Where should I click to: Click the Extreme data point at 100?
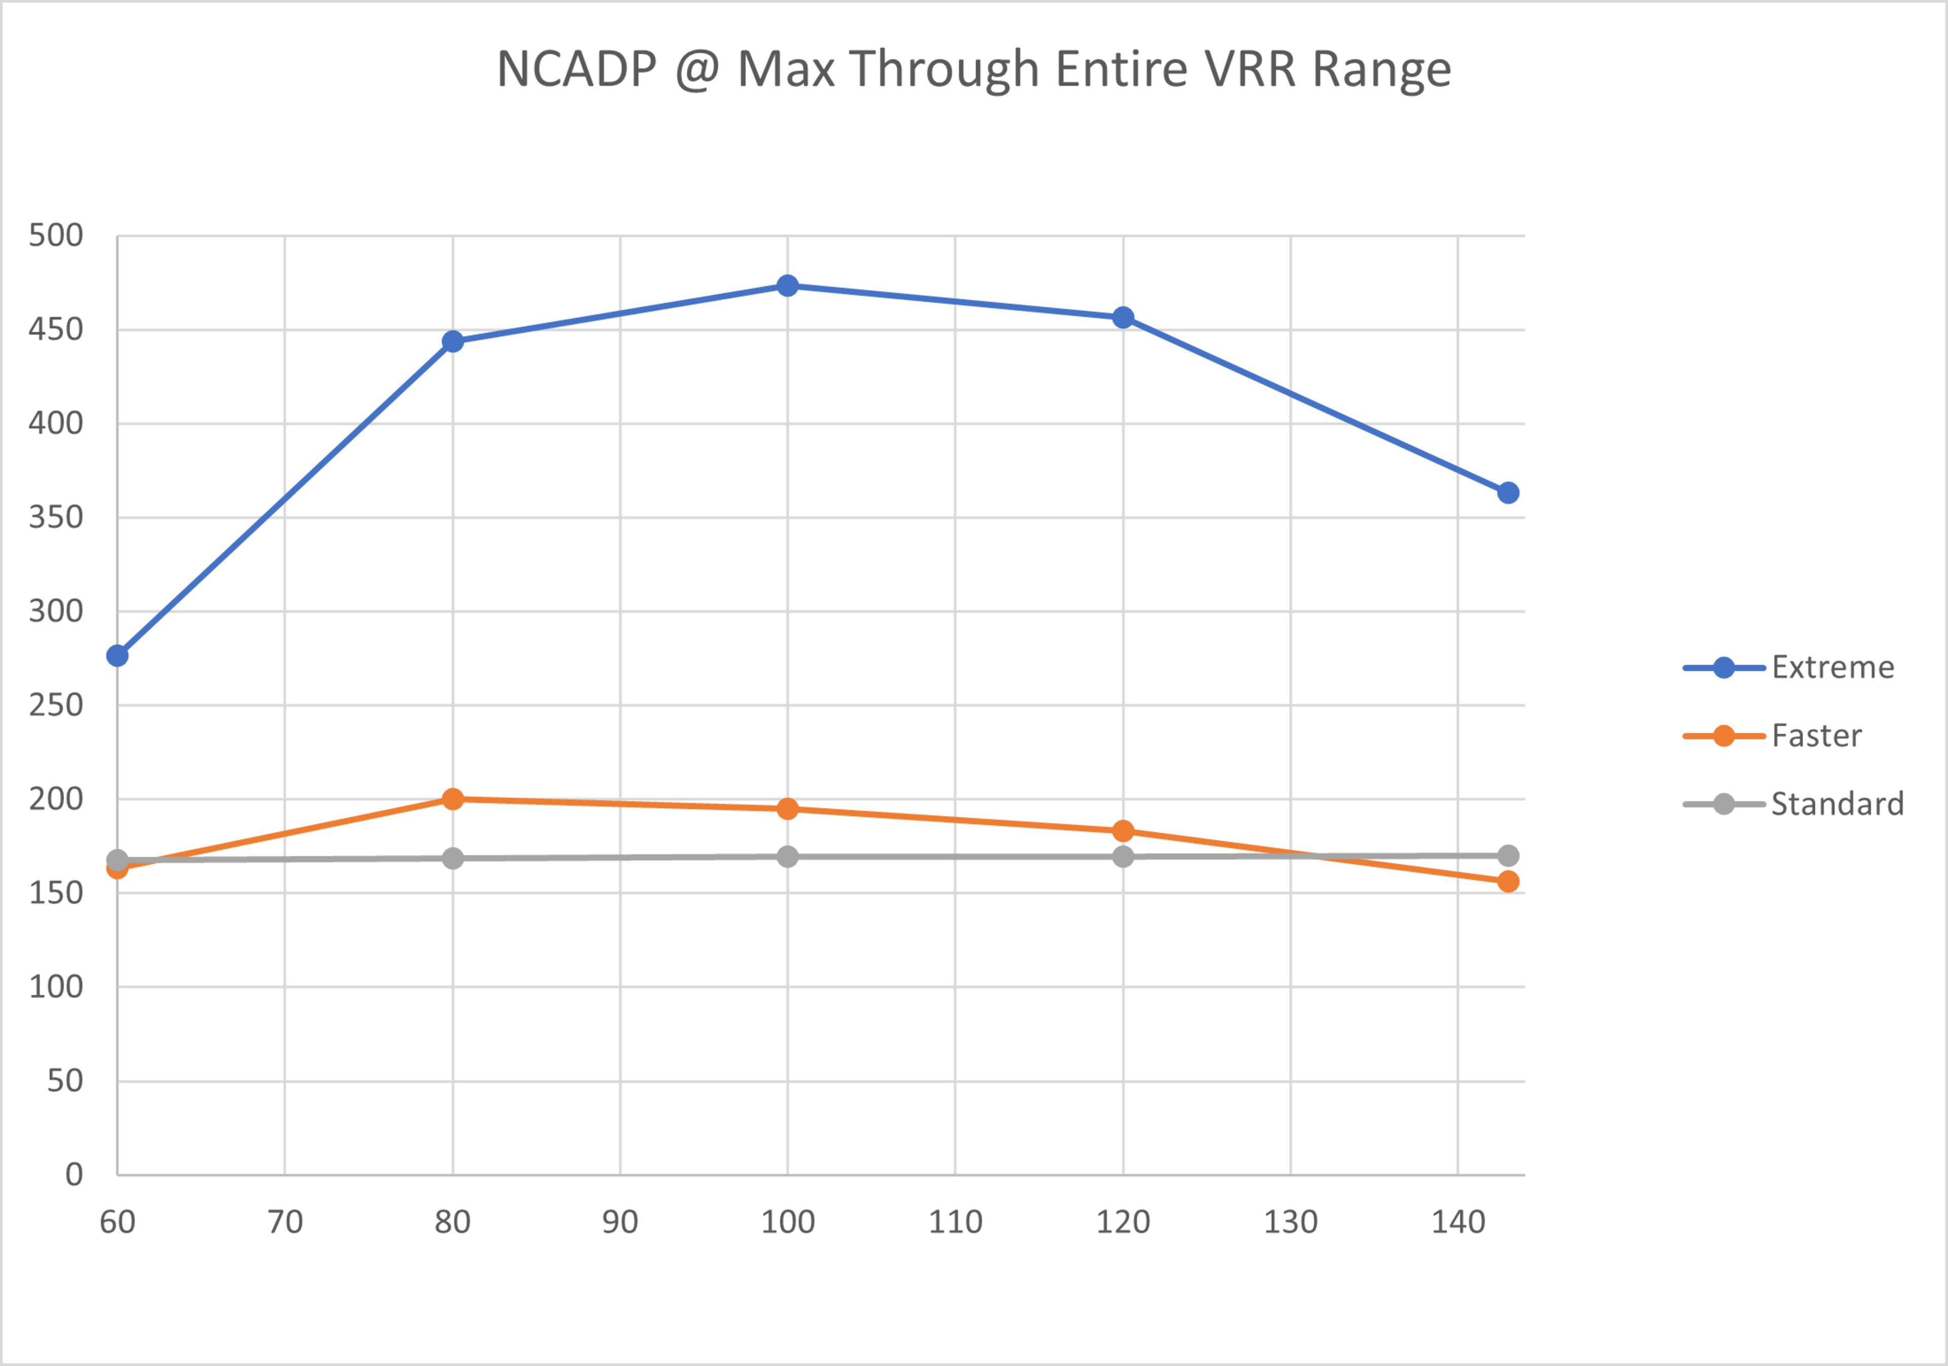pos(787,286)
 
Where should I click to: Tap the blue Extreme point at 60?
pos(117,656)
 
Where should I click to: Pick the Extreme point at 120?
pos(1123,318)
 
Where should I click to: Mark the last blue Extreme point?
pos(1508,493)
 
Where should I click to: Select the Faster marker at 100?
pos(787,809)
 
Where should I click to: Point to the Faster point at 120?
pos(1123,831)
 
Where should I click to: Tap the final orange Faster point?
pos(1508,882)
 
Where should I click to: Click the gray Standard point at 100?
pos(787,857)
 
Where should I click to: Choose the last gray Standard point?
pos(1508,855)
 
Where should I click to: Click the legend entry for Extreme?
pos(1833,668)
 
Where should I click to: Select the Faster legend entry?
pos(1817,735)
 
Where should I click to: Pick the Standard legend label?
pos(1837,803)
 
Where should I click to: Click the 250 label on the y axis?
pos(56,705)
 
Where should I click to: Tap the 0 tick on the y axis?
pos(74,1175)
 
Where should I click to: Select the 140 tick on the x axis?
pos(1457,1222)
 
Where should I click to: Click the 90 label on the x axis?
pos(620,1222)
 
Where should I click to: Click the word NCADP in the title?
pos(577,69)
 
